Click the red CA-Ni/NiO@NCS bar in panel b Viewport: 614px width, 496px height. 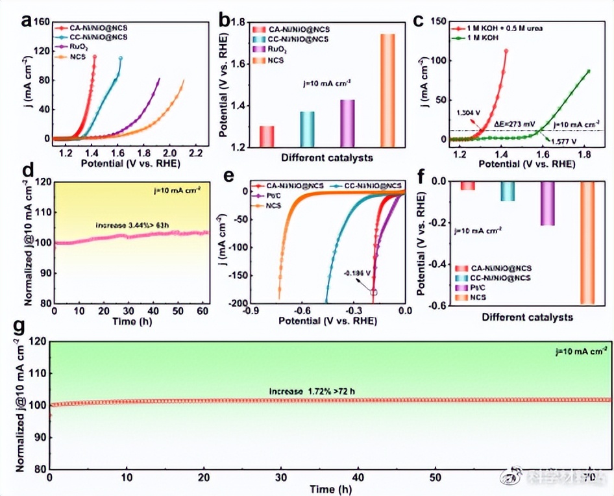tap(267, 136)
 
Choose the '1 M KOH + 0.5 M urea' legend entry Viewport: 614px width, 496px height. tap(506, 28)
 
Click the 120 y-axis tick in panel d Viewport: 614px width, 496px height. tap(40, 183)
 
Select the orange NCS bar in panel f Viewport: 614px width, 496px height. tap(586, 243)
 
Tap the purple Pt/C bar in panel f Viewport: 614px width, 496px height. tap(547, 204)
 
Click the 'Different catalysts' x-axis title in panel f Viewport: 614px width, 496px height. tap(527, 317)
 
